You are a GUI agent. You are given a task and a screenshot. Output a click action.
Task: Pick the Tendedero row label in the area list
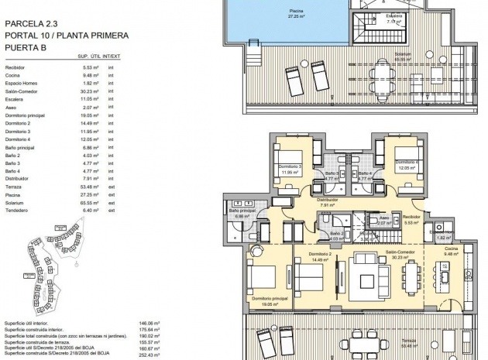[16, 211]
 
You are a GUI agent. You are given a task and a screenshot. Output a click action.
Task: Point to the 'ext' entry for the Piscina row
[112, 195]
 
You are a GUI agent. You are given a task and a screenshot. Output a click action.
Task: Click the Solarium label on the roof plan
[401, 54]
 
